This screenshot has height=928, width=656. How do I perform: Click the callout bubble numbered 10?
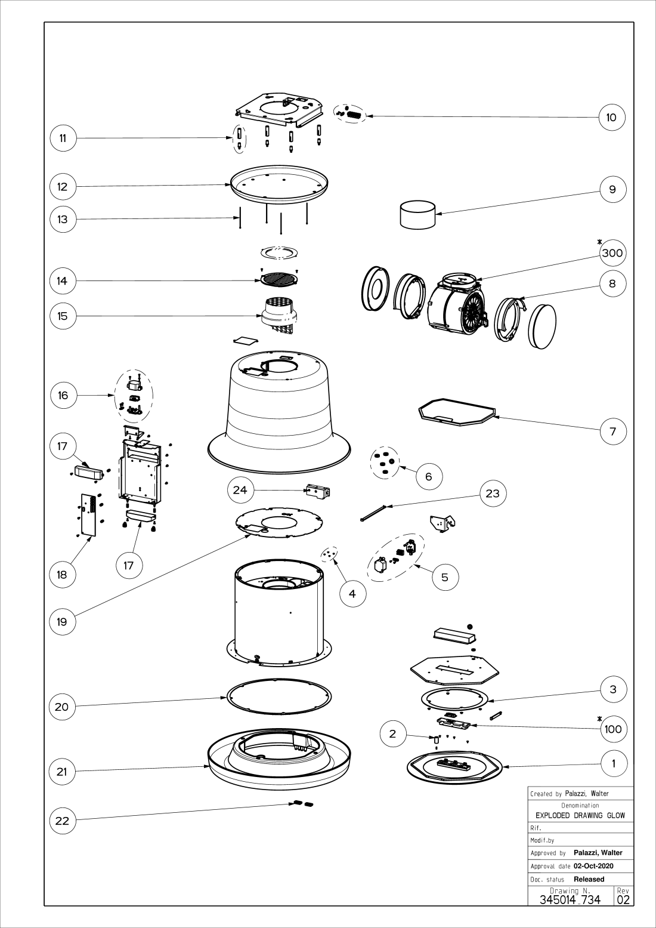(611, 117)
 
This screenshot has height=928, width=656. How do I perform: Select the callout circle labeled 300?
(612, 253)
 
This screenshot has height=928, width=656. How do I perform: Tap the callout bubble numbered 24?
(240, 490)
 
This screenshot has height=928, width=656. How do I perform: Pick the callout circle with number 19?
(62, 621)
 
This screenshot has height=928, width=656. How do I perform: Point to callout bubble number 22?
(62, 821)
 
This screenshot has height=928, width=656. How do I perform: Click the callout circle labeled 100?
(612, 729)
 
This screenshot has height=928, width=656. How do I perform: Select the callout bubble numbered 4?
(352, 594)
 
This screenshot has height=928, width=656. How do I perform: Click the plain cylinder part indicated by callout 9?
(417, 215)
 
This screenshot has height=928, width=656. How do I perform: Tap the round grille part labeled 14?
(280, 279)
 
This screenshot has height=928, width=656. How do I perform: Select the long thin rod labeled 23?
(374, 513)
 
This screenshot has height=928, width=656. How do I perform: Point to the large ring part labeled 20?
(279, 696)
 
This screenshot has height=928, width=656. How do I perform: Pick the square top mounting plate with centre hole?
(280, 108)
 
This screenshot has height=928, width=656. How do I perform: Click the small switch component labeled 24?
(317, 491)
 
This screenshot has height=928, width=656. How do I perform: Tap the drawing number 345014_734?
(570, 899)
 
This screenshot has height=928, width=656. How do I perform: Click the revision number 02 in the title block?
(623, 899)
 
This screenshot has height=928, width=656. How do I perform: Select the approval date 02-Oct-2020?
(593, 866)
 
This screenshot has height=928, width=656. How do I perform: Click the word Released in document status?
(589, 879)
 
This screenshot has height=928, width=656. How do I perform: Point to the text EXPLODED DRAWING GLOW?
(580, 815)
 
